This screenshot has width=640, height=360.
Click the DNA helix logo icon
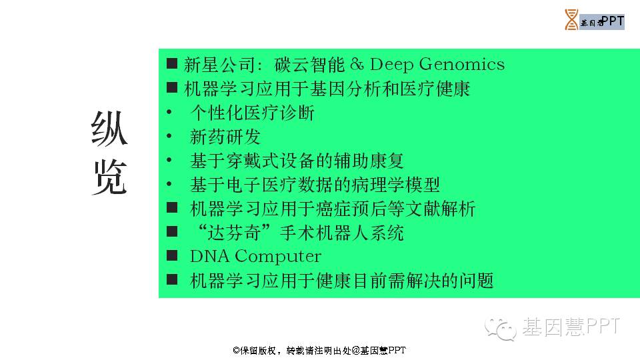(571, 19)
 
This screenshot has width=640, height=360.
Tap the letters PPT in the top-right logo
(613, 21)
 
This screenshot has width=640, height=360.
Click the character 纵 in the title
(109, 129)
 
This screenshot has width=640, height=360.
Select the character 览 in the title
(110, 177)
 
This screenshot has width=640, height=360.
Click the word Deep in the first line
(391, 65)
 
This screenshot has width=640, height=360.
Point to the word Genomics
(461, 65)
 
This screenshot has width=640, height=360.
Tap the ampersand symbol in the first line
(357, 64)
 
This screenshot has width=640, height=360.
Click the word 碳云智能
(310, 65)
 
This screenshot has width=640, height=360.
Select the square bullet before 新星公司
(172, 63)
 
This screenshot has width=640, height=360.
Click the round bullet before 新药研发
(169, 136)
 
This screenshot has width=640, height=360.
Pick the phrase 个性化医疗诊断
(252, 113)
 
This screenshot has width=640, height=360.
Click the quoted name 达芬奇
(234, 233)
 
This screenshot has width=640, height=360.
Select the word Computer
(278, 257)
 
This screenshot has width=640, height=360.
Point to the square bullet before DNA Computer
(172, 255)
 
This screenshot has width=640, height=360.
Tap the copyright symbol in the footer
(236, 350)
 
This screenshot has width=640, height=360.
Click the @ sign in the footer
(355, 350)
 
